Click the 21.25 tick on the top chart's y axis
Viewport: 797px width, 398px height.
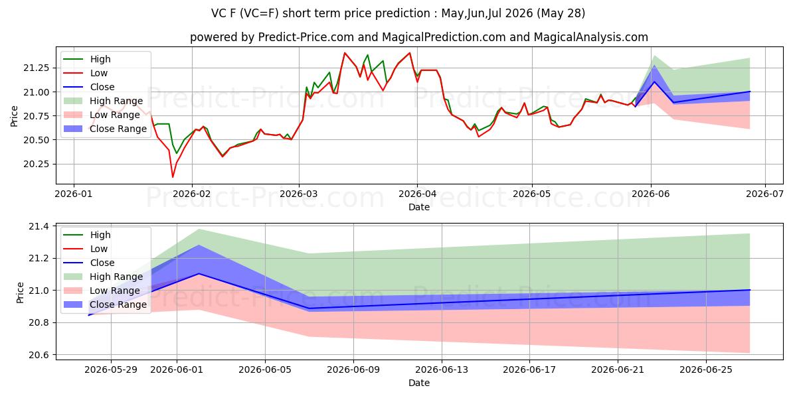pyautogui.click(x=37, y=68)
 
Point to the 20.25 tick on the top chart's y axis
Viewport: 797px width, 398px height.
pyautogui.click(x=37, y=165)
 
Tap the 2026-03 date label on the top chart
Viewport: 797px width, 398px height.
pyautogui.click(x=299, y=194)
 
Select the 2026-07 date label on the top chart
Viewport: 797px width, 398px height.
pyautogui.click(x=765, y=194)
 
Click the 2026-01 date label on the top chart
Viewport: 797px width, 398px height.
pyautogui.click(x=74, y=194)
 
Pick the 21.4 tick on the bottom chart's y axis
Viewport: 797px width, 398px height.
pyautogui.click(x=40, y=226)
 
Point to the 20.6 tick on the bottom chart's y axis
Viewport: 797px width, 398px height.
pyautogui.click(x=40, y=355)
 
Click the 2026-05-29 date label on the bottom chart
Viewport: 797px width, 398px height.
pyautogui.click(x=111, y=370)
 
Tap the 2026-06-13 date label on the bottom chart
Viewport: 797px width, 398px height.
pyautogui.click(x=442, y=370)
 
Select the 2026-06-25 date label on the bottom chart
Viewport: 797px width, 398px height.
pyautogui.click(x=706, y=370)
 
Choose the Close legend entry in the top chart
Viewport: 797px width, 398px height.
pyautogui.click(x=89, y=87)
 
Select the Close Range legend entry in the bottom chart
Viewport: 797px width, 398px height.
pyautogui.click(x=105, y=304)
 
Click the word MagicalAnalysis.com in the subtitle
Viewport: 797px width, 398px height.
pyautogui.click(x=590, y=37)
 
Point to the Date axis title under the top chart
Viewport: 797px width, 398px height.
pyautogui.click(x=419, y=207)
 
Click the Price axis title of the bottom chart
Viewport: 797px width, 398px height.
pyautogui.click(x=20, y=293)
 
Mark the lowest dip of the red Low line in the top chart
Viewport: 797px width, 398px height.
pyautogui.click(x=173, y=177)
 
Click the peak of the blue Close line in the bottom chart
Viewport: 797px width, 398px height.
pyautogui.click(x=199, y=273)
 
